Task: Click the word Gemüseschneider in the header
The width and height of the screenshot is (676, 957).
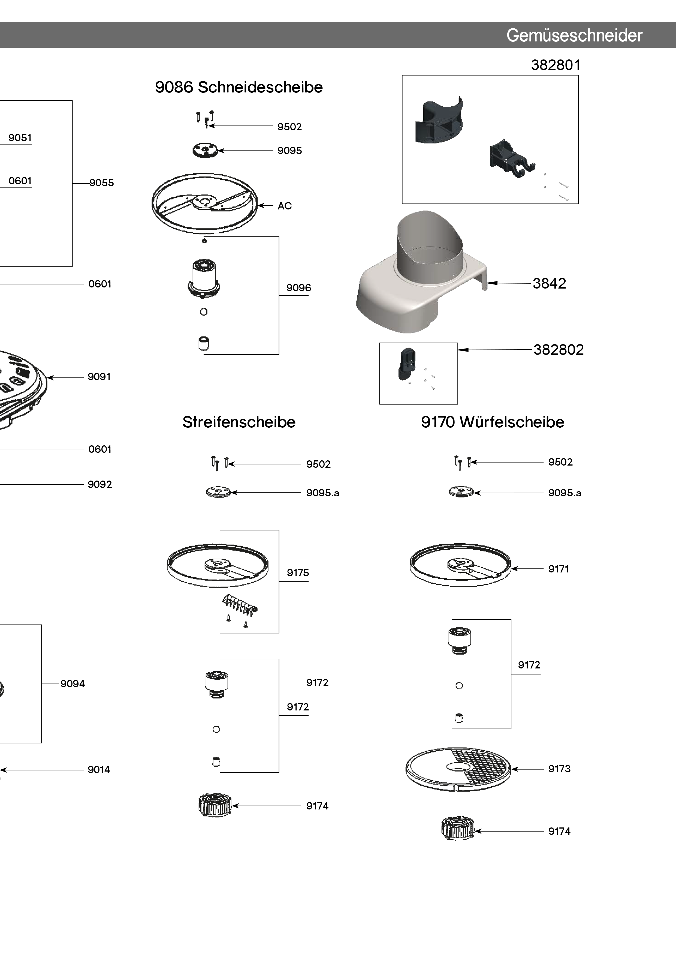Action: coord(574,36)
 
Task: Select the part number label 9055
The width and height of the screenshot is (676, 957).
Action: coord(111,182)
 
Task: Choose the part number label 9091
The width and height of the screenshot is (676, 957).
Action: coord(110,376)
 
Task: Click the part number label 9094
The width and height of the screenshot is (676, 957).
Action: coord(83,683)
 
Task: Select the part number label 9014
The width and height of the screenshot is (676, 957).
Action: coord(110,769)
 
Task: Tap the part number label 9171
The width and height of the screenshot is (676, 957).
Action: coord(570,569)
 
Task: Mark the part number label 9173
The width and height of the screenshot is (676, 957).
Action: coord(570,768)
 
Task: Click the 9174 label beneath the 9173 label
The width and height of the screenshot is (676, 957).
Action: coord(570,831)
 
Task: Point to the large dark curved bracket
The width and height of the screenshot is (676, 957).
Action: coord(439,121)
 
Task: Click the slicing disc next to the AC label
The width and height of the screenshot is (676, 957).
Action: coord(204,203)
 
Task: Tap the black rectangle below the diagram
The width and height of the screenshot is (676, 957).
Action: coord(584,868)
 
